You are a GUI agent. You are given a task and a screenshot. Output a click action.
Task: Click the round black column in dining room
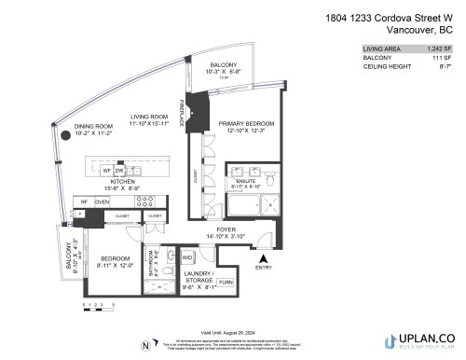coord(65,135)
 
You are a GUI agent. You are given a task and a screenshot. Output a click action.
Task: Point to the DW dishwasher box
coord(120,171)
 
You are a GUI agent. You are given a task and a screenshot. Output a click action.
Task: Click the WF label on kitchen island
coord(107,171)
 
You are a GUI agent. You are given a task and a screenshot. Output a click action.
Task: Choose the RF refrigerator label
coord(83,201)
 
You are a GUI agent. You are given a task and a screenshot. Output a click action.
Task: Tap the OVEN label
coord(102,201)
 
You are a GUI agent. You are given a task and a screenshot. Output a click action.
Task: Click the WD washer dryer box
coord(186,257)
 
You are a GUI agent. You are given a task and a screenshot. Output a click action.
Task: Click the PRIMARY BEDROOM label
coord(244,123)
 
